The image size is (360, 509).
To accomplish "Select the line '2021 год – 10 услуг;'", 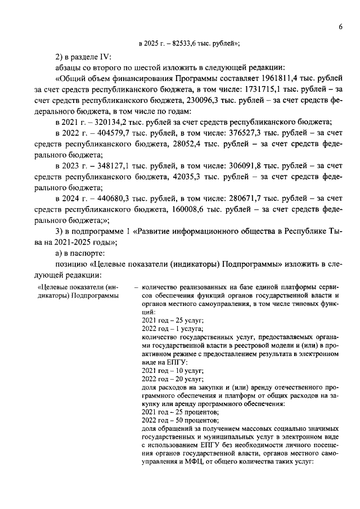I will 172,371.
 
